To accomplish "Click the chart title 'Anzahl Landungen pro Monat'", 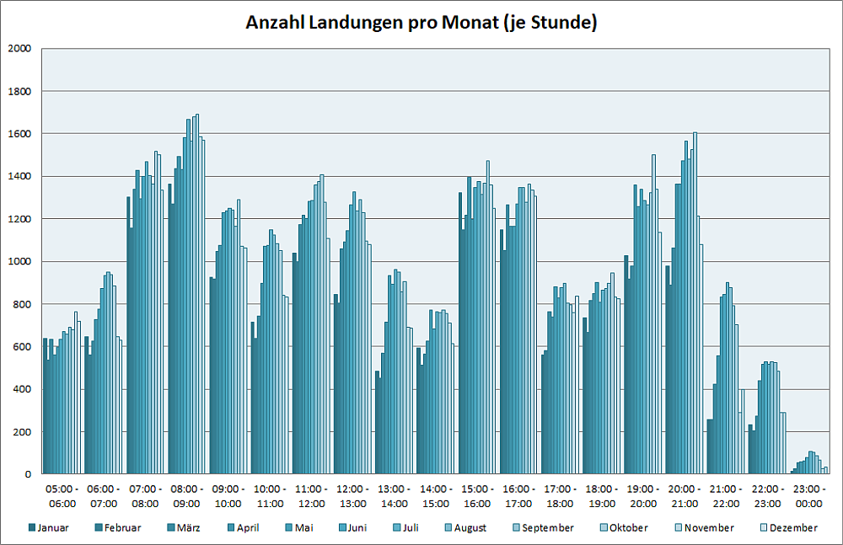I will coord(421,23).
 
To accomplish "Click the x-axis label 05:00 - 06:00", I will coord(62,496).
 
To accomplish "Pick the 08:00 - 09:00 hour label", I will coord(187,496).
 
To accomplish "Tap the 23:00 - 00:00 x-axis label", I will coord(810,496).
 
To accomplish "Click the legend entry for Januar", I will coord(51,528).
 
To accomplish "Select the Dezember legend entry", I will coord(792,528).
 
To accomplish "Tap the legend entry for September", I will coord(546,528).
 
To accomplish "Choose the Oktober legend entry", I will coord(628,528).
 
